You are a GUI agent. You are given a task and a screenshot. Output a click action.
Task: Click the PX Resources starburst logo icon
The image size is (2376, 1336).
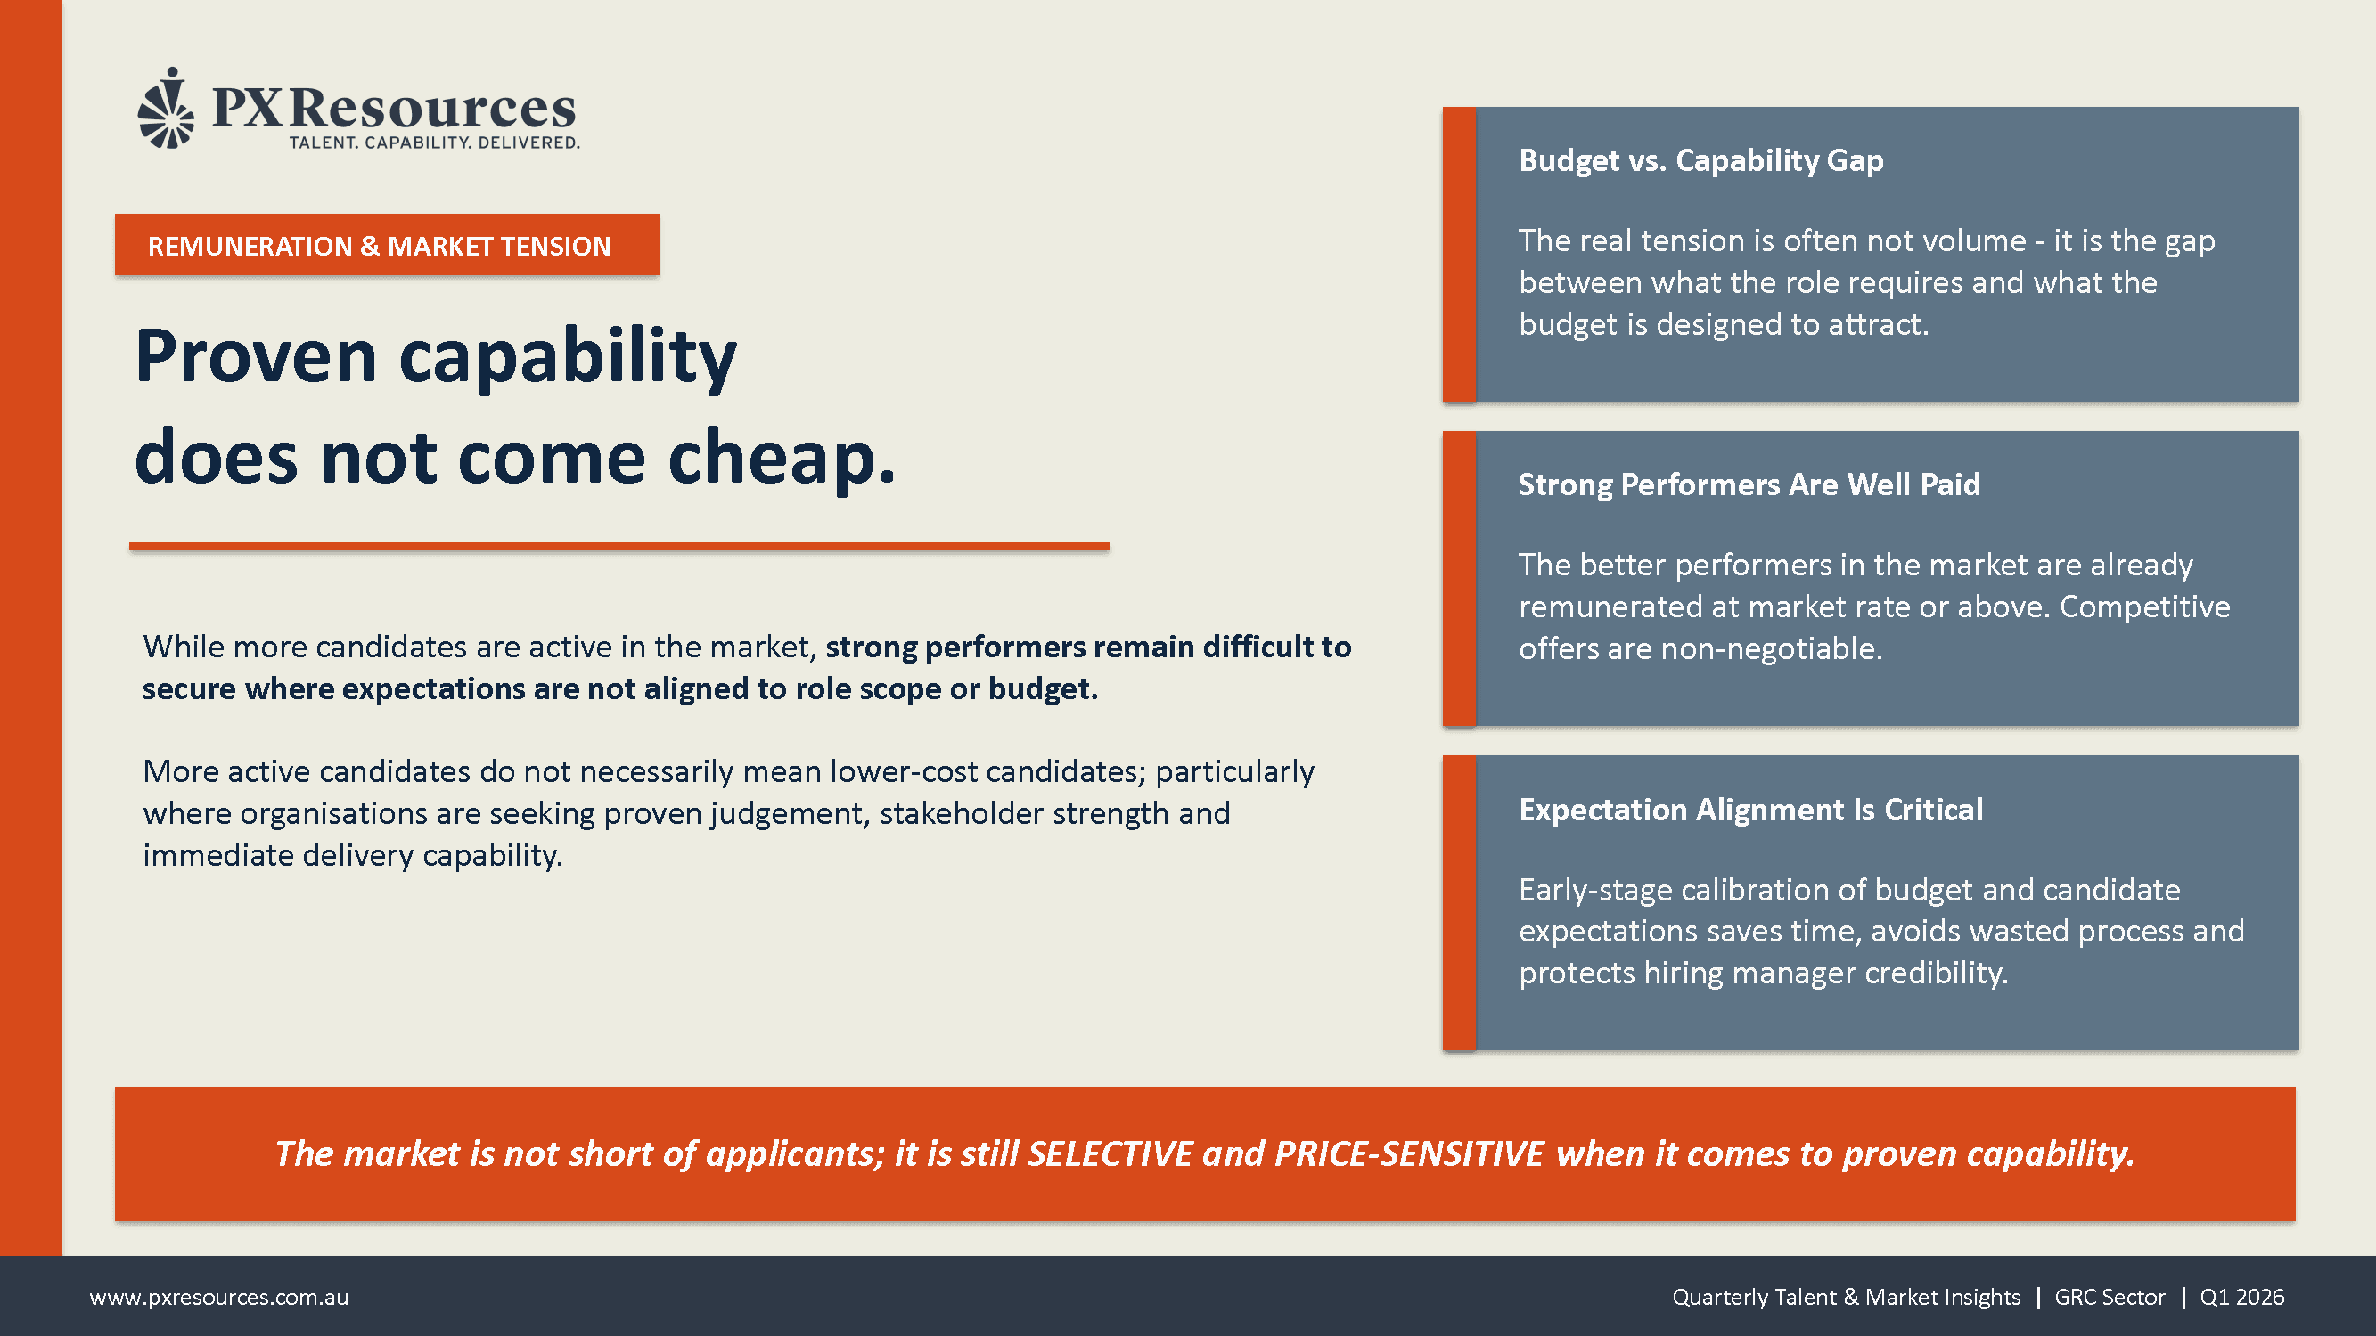coord(166,108)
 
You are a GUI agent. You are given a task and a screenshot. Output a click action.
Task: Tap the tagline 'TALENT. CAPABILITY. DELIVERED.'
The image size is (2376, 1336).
coord(434,143)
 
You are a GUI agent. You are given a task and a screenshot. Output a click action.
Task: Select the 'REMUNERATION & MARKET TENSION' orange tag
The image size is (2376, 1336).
coord(387,245)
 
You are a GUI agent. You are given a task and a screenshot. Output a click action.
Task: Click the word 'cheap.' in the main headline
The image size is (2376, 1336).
coord(782,457)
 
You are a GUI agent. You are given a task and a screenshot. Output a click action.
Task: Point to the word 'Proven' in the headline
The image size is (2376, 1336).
coord(257,356)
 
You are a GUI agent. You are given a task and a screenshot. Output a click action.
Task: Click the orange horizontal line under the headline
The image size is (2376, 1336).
coord(619,547)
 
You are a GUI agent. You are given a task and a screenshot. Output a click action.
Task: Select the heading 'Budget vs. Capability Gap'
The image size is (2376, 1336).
coord(1700,160)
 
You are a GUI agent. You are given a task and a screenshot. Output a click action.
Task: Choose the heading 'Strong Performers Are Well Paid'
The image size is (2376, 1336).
coord(1749,485)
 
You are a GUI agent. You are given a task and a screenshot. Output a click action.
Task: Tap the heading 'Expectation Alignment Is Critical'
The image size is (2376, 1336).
coord(1750,810)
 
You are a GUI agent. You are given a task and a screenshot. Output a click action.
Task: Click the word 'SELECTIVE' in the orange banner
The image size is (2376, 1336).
coord(1110,1153)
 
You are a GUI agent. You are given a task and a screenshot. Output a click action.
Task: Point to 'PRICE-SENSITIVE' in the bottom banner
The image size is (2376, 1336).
coord(1409,1153)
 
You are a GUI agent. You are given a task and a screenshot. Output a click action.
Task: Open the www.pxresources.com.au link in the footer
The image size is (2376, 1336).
coord(218,1298)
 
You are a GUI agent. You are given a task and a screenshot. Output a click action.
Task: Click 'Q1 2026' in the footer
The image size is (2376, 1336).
coord(2242,1298)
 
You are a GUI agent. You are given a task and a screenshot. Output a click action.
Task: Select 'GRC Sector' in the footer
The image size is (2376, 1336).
coord(2110,1298)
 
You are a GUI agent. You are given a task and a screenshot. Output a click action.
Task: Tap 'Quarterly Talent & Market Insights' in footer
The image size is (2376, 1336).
coord(1846,1298)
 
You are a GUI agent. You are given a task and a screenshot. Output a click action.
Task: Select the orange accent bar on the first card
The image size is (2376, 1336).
coord(1459,255)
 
